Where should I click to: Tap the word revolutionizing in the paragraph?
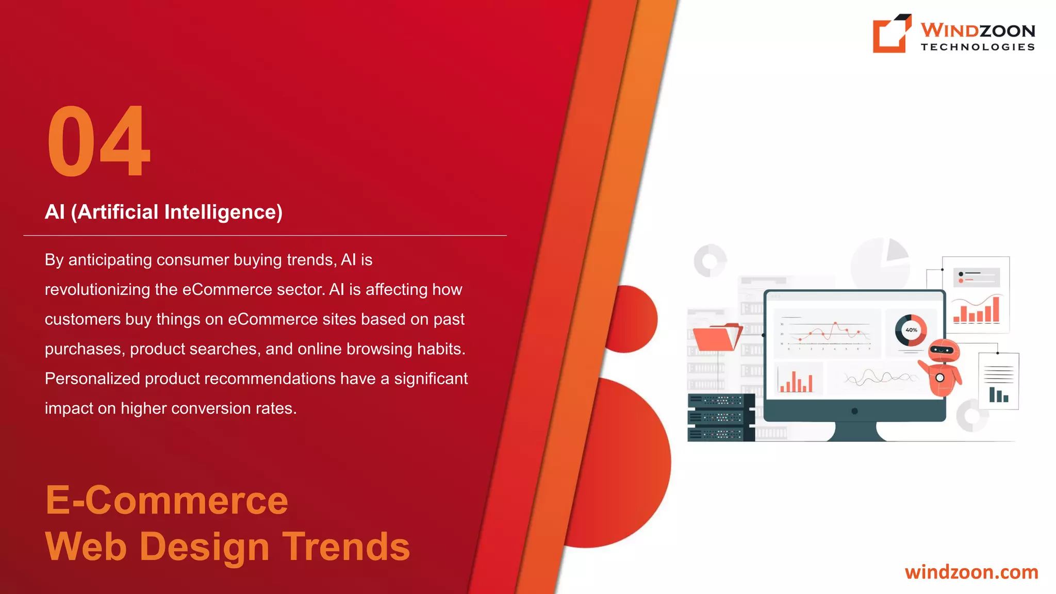(97, 290)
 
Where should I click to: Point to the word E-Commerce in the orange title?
(167, 500)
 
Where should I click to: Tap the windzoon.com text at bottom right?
(971, 572)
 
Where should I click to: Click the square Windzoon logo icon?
(891, 34)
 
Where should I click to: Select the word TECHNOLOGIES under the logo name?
(978, 47)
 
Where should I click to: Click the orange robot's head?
(944, 351)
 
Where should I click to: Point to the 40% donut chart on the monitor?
(911, 330)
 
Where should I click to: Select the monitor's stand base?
(855, 432)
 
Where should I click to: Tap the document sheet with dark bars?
(999, 381)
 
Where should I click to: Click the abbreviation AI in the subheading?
(55, 212)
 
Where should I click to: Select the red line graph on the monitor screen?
(828, 333)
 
